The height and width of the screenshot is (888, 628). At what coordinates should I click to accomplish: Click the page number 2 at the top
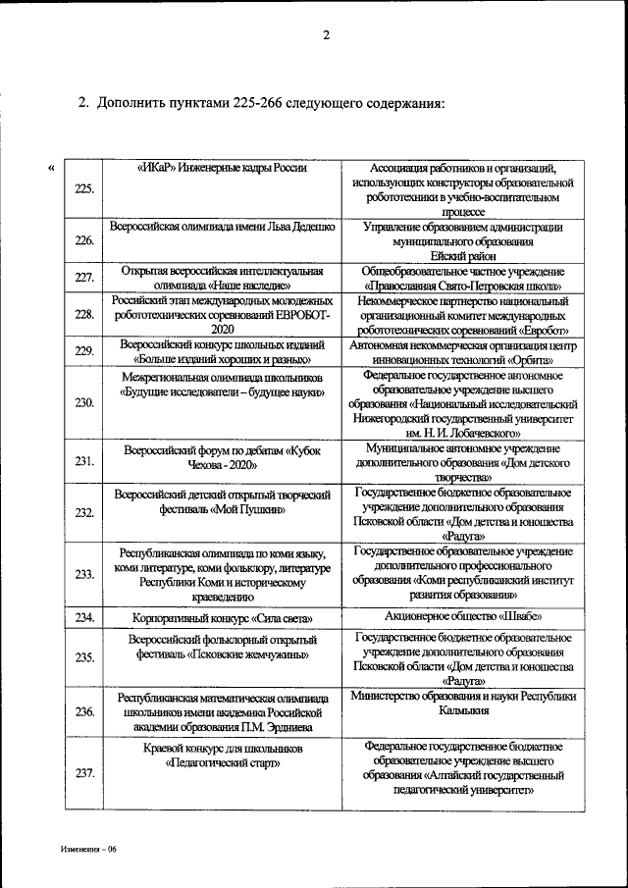[327, 37]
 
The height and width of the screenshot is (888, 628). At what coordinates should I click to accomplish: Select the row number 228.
[84, 314]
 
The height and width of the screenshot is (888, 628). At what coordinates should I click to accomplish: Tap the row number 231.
[84, 461]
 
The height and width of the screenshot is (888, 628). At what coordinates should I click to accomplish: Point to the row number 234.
[84, 618]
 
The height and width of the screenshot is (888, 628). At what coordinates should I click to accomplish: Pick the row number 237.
[84, 773]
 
